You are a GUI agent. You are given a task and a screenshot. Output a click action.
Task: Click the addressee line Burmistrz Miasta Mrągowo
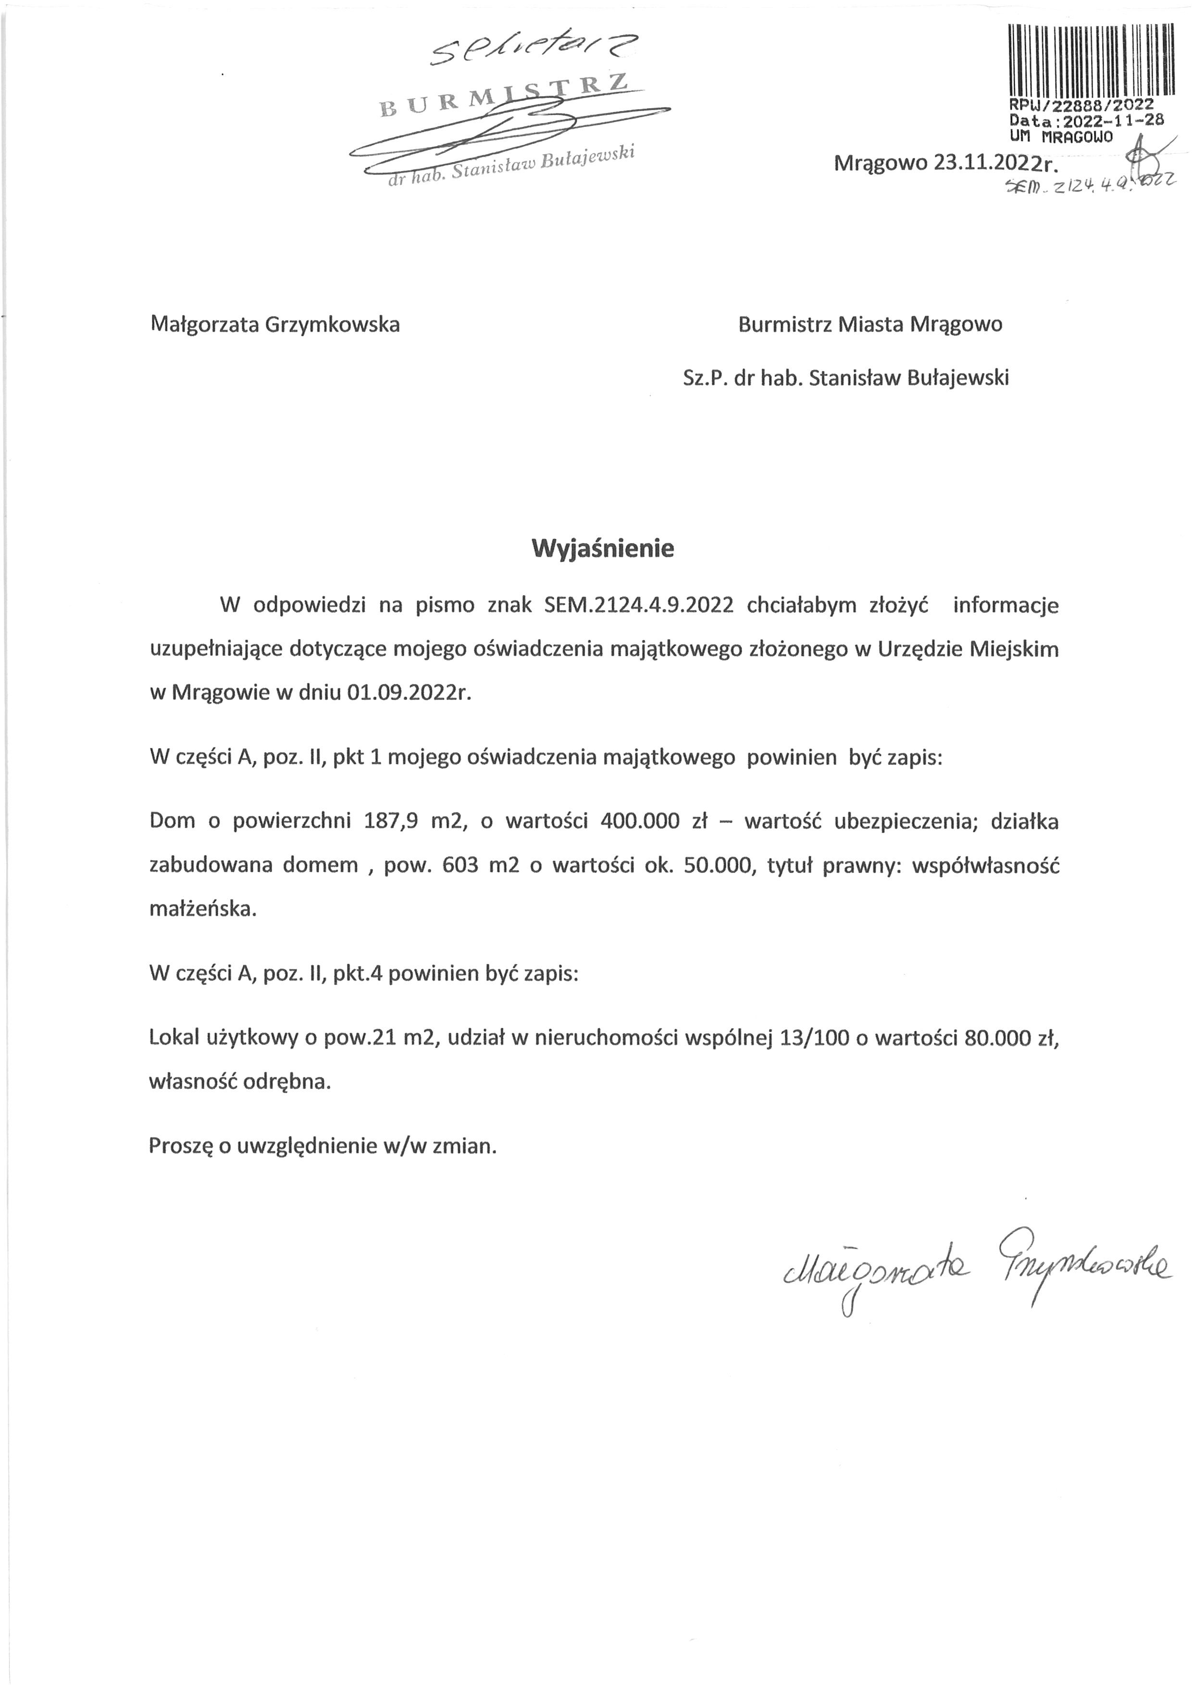point(870,324)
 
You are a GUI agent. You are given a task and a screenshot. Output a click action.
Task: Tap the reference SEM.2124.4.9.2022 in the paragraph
point(639,605)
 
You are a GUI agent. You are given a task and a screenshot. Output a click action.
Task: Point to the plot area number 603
point(458,865)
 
